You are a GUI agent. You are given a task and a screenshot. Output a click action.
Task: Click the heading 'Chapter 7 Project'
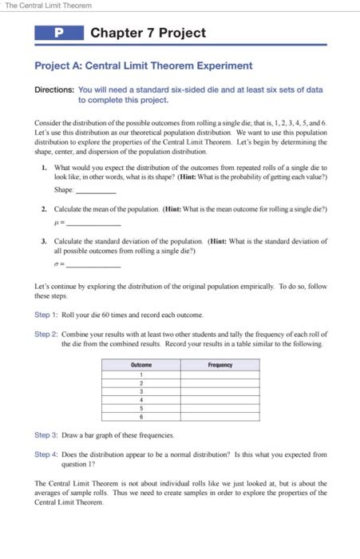[148, 34]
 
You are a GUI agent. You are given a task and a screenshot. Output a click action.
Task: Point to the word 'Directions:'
[53, 90]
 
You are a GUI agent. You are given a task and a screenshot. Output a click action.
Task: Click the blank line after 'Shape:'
[95, 191]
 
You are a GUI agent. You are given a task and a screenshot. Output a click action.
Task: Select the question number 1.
[43, 167]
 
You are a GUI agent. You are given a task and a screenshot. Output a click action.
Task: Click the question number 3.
[43, 240]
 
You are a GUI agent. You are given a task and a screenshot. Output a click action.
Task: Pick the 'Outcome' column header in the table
[140, 365]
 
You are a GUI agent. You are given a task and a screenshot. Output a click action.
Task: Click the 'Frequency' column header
[220, 365]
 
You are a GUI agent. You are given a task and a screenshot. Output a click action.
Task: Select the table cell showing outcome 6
[140, 416]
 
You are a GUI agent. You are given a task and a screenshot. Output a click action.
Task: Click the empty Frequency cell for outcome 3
[220, 391]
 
